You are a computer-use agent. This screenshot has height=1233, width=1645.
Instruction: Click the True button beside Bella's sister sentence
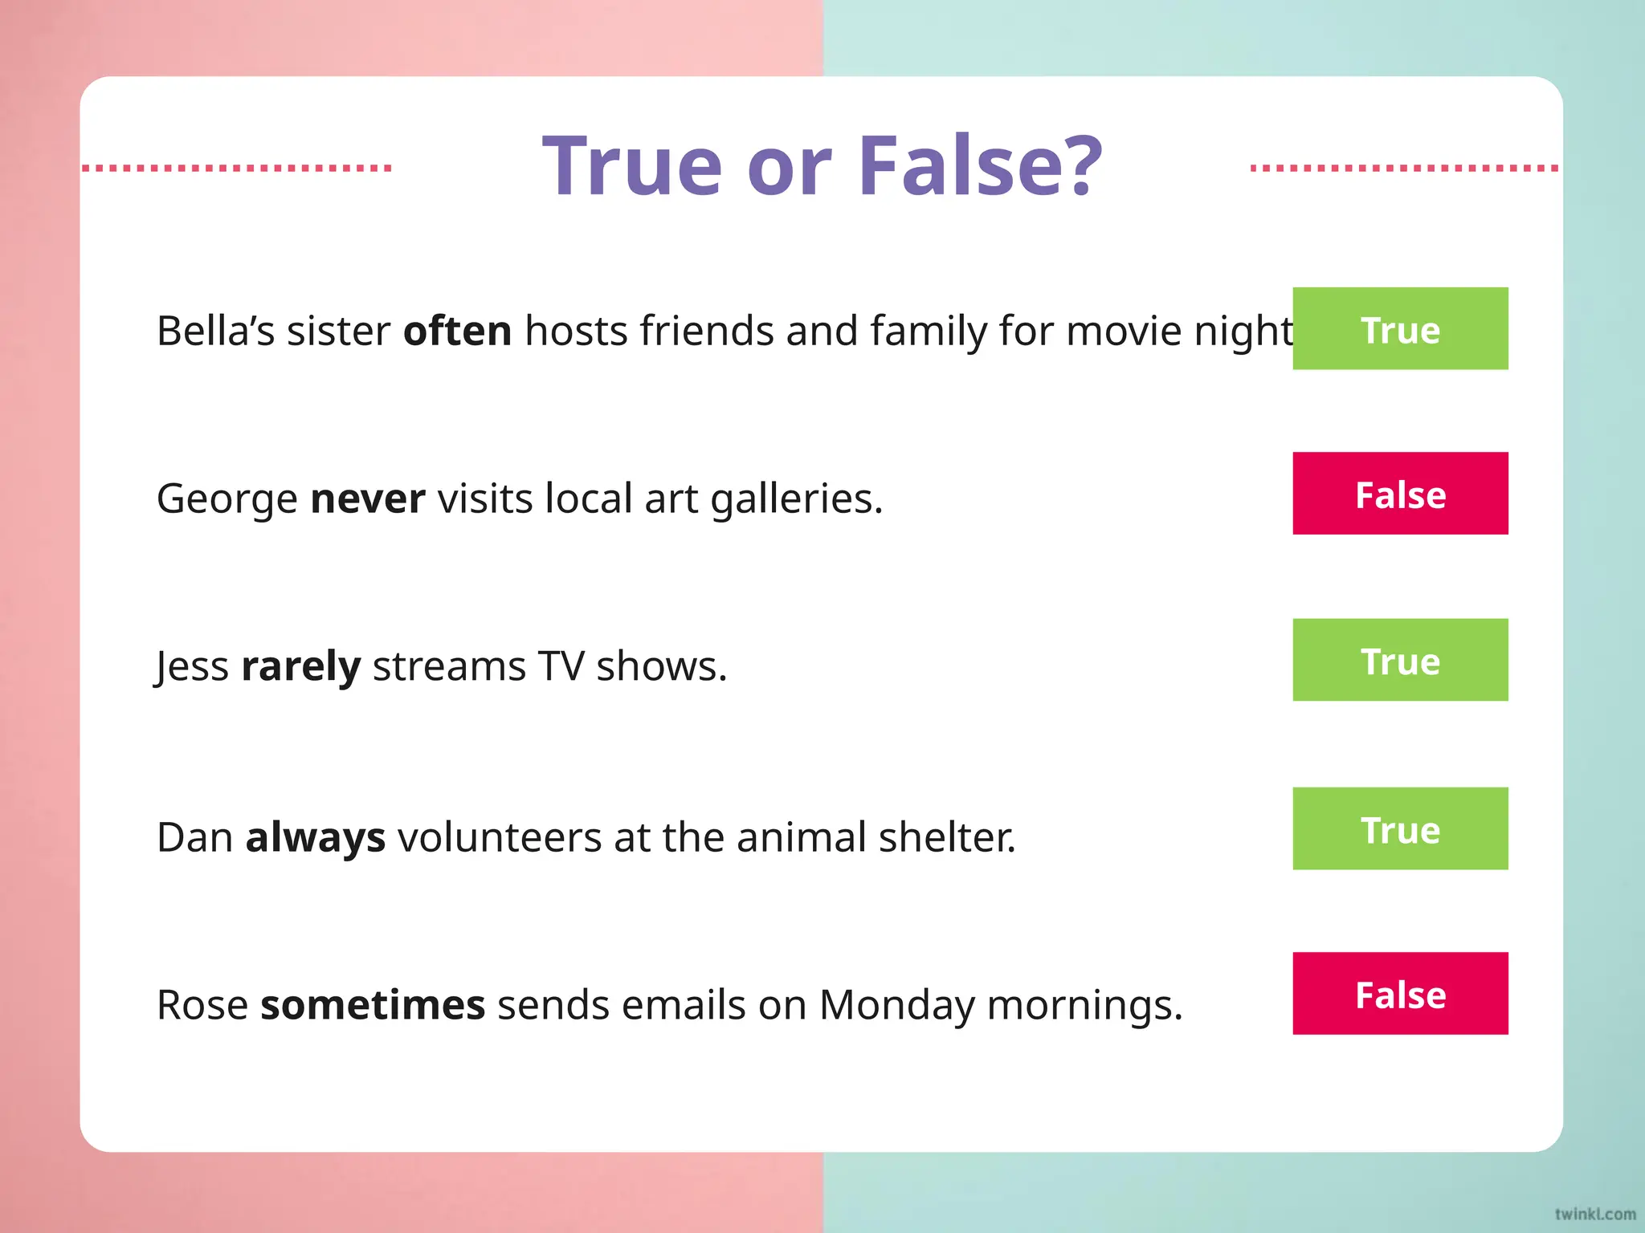tap(1400, 328)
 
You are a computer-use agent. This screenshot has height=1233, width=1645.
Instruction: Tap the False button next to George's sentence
tap(1400, 494)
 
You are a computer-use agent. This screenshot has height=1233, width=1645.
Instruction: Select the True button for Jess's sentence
tap(1400, 660)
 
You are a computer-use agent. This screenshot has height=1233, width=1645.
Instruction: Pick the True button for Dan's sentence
tap(1400, 828)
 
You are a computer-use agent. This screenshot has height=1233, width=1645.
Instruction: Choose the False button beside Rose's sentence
tap(1400, 994)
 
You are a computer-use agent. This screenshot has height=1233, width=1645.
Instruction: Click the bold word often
tap(457, 331)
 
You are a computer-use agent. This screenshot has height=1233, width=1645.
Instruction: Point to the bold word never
tap(368, 498)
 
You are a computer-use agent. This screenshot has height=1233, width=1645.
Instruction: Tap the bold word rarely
tap(301, 667)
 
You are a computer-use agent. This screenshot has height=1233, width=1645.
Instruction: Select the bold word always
tap(316, 837)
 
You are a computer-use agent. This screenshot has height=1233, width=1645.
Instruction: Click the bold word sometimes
tap(373, 1005)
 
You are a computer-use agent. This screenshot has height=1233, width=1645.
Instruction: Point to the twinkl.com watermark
tap(1594, 1214)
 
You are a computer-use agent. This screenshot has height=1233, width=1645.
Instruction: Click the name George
tap(227, 499)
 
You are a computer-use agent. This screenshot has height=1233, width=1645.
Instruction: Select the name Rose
tap(202, 1005)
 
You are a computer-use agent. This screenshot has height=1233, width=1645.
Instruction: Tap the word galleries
tap(796, 499)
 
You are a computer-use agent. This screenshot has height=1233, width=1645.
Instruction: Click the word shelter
tap(947, 837)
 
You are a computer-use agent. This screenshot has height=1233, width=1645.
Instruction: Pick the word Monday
tap(896, 1005)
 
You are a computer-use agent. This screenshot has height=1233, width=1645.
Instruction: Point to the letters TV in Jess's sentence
tap(561, 666)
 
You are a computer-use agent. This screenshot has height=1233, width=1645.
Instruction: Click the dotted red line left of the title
tap(237, 168)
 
